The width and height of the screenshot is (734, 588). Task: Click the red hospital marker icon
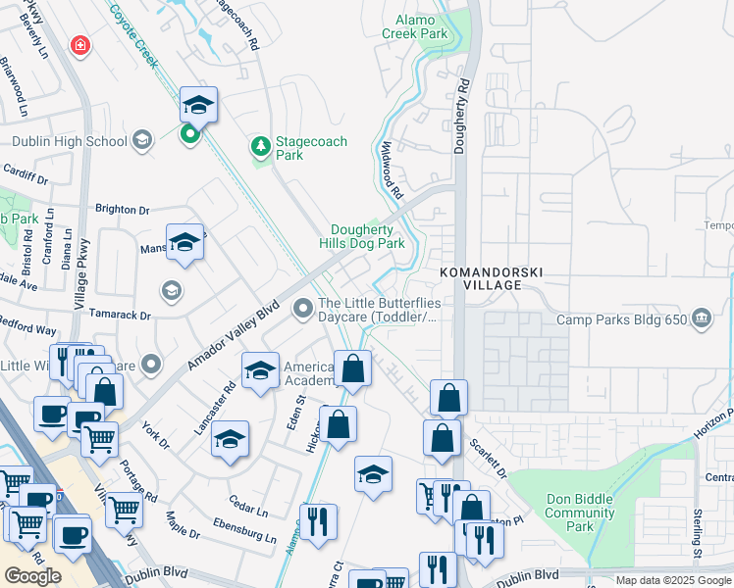(x=79, y=46)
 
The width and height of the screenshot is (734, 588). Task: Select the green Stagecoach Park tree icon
(x=261, y=147)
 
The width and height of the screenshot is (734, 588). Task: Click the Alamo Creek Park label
(x=421, y=26)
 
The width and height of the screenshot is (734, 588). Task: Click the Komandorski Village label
(x=492, y=278)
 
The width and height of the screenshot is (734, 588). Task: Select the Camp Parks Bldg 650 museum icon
(x=703, y=318)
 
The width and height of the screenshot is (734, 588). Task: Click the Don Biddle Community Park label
(x=579, y=513)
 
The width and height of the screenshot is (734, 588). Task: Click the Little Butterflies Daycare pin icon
(x=302, y=310)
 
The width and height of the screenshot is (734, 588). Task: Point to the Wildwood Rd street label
(x=392, y=171)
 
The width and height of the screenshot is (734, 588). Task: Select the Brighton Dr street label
(x=122, y=210)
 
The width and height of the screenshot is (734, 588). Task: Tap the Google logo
(x=32, y=576)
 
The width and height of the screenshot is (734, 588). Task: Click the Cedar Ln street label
(x=248, y=511)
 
